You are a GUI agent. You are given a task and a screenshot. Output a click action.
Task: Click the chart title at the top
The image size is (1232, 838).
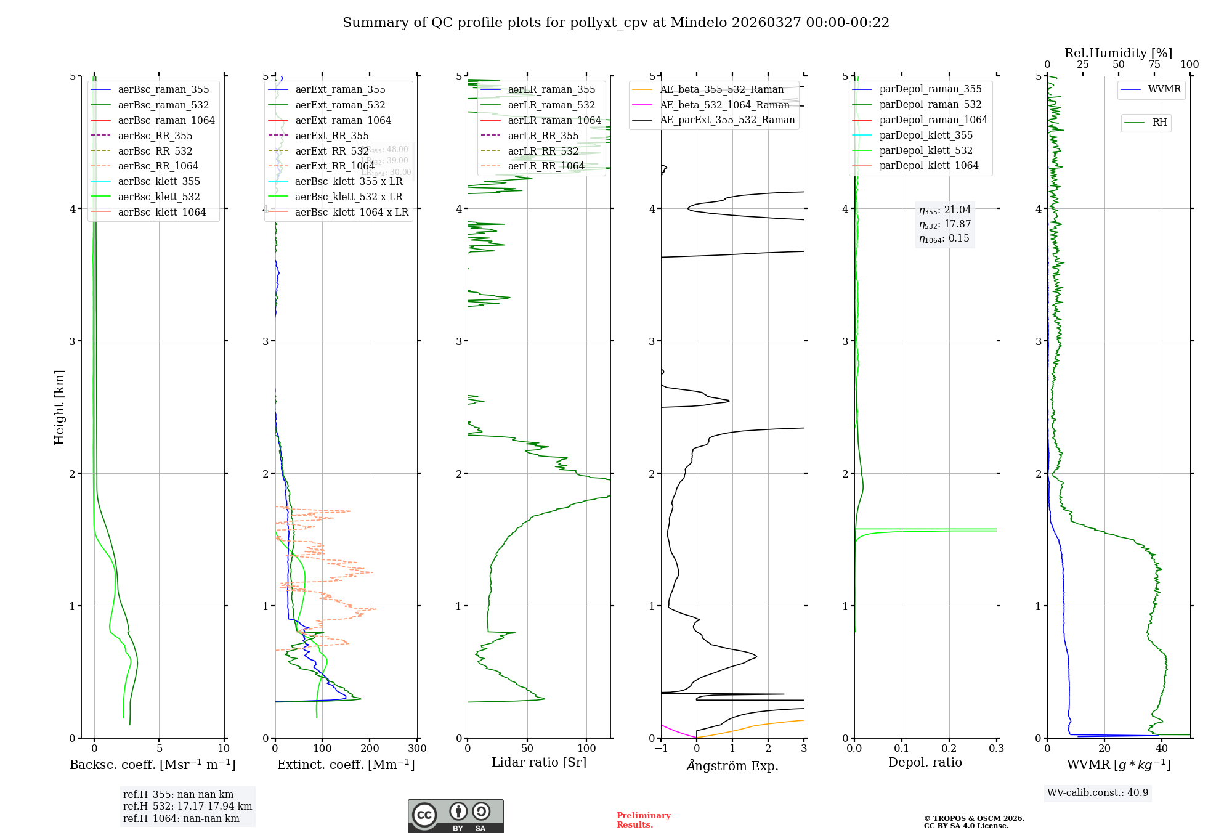point(616,23)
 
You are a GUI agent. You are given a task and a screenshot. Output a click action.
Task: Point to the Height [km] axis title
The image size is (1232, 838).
point(59,407)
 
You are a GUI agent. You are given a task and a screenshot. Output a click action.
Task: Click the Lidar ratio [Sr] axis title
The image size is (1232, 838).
point(539,762)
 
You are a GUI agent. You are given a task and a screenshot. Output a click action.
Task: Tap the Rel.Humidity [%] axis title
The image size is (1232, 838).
point(1118,53)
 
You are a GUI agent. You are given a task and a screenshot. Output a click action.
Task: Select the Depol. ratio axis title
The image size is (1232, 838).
point(925,762)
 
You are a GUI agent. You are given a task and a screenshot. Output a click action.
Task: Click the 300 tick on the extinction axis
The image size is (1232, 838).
point(417,749)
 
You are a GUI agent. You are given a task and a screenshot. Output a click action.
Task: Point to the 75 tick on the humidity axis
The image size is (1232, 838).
point(1154,65)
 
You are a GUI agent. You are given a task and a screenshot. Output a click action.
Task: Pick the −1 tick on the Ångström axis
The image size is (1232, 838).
point(661,749)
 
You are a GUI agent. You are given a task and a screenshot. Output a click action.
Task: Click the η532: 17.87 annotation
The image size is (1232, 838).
point(944,224)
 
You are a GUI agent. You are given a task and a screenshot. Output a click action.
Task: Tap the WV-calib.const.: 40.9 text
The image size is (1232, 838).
point(1098,792)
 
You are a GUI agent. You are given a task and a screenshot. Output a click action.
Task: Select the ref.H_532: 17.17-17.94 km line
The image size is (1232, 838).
point(187,807)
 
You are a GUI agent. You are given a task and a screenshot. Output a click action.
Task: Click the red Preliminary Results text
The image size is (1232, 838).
point(643,820)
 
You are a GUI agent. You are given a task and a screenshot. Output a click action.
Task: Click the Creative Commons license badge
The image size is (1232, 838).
point(455,816)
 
